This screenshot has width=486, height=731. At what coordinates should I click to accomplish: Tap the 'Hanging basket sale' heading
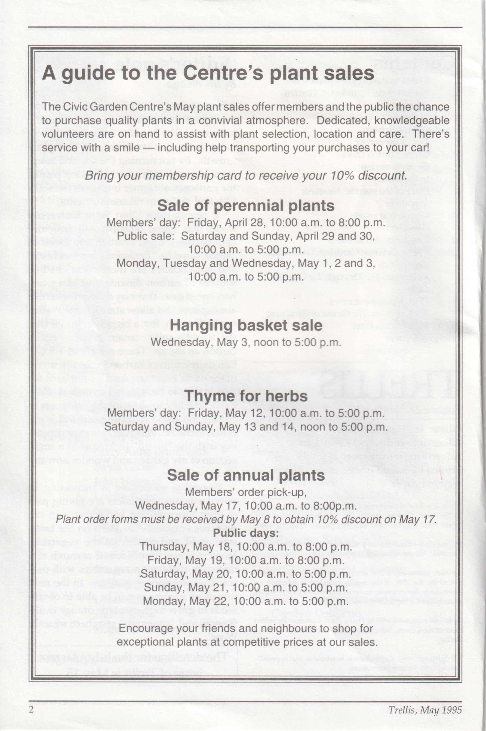point(246,325)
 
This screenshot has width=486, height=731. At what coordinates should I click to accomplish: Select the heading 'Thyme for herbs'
point(246,396)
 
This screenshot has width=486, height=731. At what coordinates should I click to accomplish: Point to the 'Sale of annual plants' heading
point(246,475)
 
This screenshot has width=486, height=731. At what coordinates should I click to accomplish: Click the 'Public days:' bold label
point(246,533)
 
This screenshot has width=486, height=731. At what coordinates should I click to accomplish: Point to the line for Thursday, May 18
point(246,547)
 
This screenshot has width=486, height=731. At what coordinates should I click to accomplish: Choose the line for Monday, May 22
point(246,601)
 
